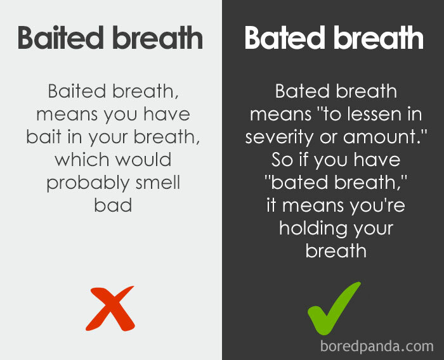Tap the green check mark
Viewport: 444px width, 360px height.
coord(333,308)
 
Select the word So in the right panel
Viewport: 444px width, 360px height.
coord(282,160)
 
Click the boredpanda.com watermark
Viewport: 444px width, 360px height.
coord(377,346)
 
